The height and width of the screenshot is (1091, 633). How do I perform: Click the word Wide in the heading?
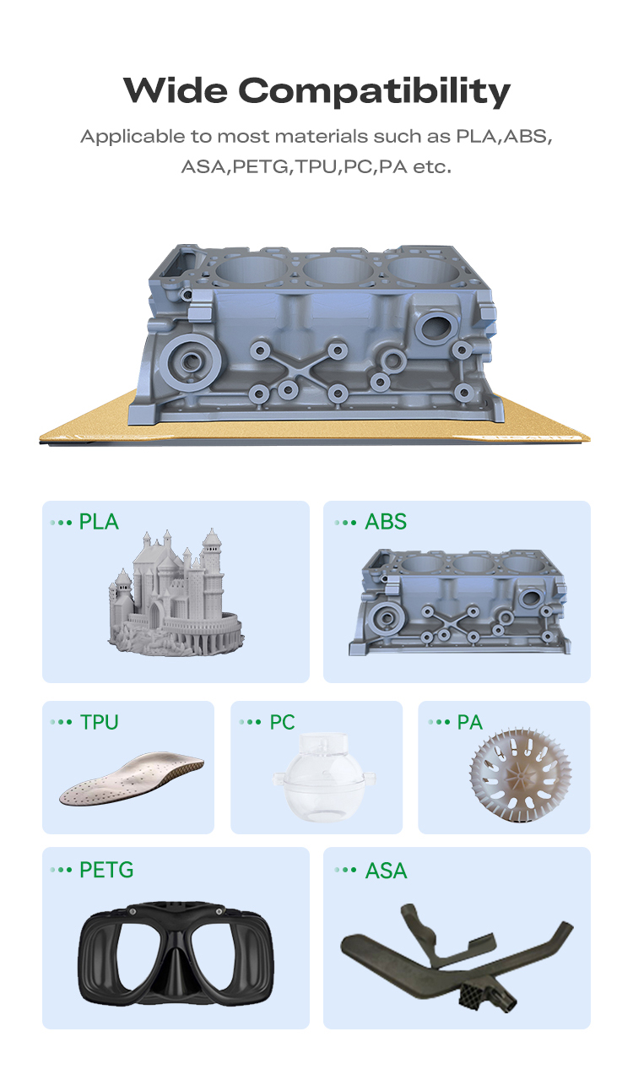point(176,90)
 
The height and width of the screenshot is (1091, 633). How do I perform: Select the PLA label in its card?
point(99,522)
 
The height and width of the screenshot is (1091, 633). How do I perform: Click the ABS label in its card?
point(386,522)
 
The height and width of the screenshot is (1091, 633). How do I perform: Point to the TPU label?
point(100,722)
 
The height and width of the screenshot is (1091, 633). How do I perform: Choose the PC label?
point(283,722)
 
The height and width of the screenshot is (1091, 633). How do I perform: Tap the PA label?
point(469,722)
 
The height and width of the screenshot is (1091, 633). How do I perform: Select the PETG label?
point(106,870)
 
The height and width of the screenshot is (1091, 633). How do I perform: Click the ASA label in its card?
point(387,871)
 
